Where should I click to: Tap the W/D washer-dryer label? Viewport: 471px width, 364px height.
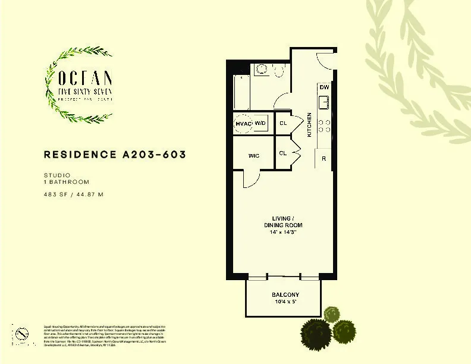[260, 123]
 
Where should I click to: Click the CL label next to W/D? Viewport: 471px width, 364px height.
[283, 123]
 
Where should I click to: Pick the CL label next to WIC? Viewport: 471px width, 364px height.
[283, 153]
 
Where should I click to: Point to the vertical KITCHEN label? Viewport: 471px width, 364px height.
[309, 125]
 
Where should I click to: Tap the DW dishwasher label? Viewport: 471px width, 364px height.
[324, 88]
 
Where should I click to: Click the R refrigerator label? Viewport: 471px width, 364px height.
[324, 159]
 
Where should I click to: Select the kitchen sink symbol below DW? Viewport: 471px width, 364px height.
[324, 102]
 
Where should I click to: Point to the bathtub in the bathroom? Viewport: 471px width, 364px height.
[240, 92]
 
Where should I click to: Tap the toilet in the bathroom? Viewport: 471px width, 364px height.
[279, 70]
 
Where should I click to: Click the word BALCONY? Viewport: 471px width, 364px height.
[285, 295]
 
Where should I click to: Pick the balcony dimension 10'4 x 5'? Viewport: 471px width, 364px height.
[285, 303]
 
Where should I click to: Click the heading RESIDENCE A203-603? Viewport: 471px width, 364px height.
[115, 155]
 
